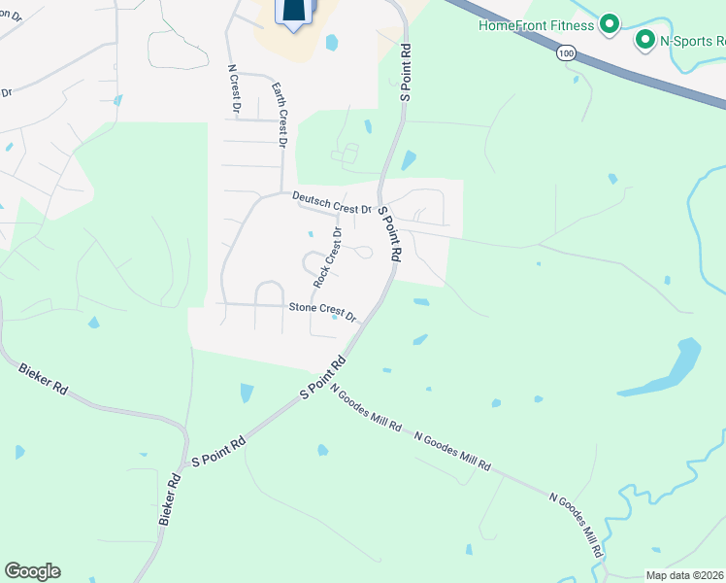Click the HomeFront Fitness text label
tap(536, 25)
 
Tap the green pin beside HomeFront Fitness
tap(610, 24)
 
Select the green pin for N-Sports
tap(643, 40)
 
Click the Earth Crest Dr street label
tap(279, 113)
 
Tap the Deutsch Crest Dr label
tap(332, 202)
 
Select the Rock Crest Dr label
tap(328, 257)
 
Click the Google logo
tap(32, 571)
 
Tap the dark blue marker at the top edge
tap(295, 12)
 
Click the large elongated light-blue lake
tap(663, 369)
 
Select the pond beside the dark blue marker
tap(332, 43)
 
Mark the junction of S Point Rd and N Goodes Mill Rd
tap(328, 376)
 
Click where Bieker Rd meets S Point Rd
tap(185, 457)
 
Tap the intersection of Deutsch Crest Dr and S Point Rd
tap(379, 208)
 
